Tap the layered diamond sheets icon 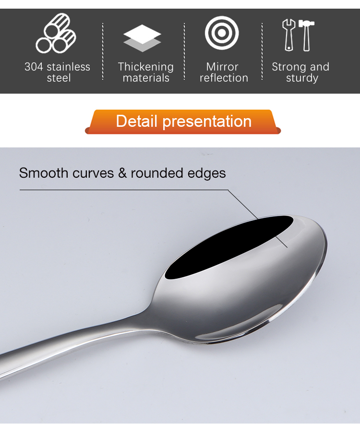(x=142, y=38)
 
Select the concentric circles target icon (x=222, y=33)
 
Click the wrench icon (x=289, y=35)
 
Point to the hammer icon (x=306, y=35)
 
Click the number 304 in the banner (x=34, y=67)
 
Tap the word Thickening (x=146, y=67)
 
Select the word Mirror (x=222, y=67)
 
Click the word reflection (x=224, y=78)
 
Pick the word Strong (x=288, y=67)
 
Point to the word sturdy (x=302, y=78)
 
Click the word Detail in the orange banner (x=136, y=121)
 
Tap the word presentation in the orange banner (x=207, y=121)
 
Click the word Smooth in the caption (x=44, y=173)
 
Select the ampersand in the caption (x=122, y=173)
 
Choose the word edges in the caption (x=206, y=173)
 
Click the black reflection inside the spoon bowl (x=229, y=247)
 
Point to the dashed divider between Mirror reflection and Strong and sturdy (x=262, y=51)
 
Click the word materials (x=146, y=78)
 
